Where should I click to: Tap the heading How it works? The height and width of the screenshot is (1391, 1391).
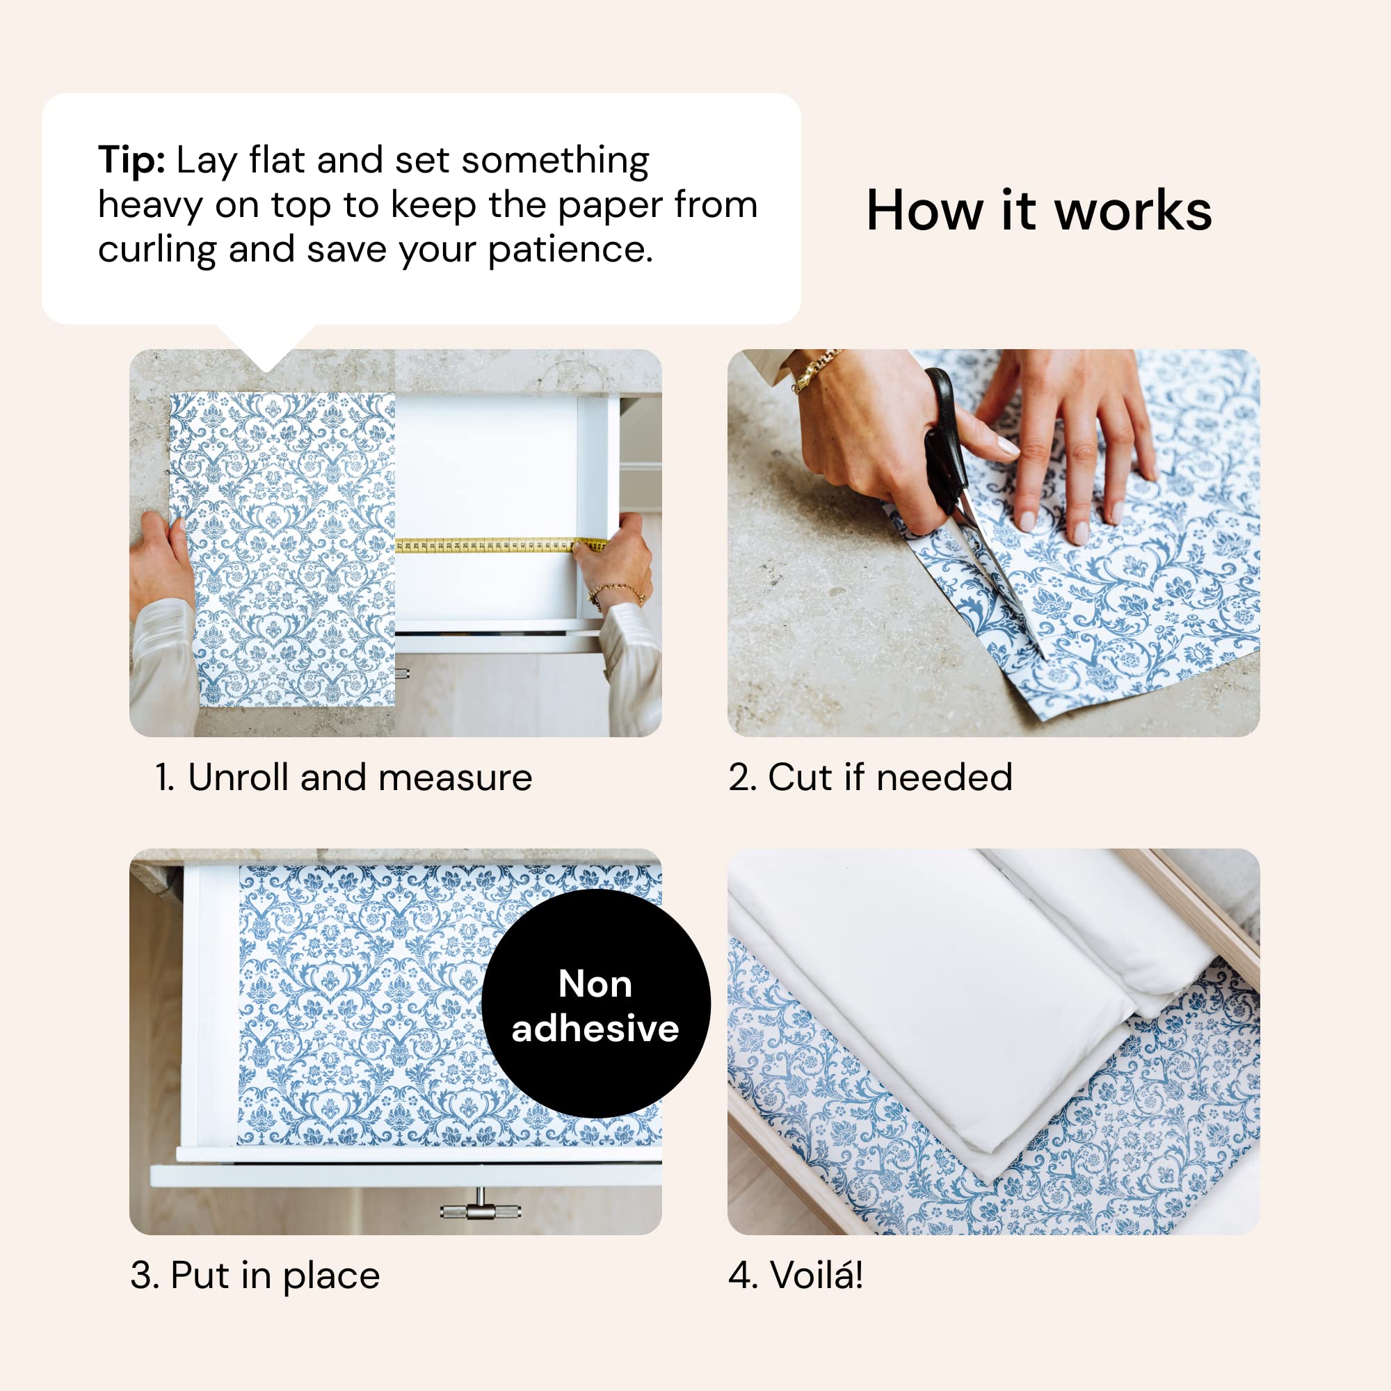(1038, 210)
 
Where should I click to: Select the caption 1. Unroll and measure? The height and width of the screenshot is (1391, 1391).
(344, 778)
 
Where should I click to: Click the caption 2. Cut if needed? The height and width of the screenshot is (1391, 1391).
(870, 778)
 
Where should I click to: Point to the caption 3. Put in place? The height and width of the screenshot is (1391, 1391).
(255, 1276)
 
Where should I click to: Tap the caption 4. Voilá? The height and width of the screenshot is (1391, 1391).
(795, 1276)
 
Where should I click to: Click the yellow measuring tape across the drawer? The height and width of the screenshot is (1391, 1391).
(497, 546)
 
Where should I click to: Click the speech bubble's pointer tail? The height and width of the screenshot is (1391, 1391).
(266, 346)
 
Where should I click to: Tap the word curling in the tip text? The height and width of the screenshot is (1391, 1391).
(156, 250)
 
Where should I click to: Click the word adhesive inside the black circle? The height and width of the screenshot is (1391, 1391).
(595, 1028)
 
